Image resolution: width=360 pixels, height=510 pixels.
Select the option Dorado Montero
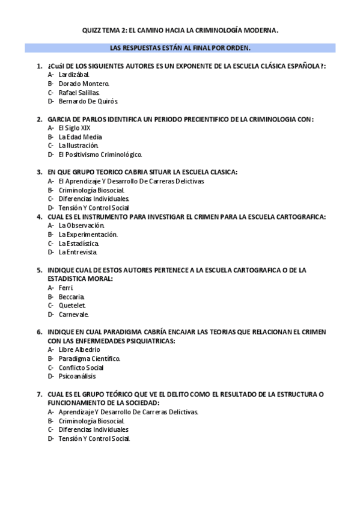(84, 84)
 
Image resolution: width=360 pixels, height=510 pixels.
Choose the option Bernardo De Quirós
(88, 102)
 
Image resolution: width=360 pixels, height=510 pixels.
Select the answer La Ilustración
(78, 146)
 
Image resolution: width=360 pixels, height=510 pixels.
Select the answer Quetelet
(72, 306)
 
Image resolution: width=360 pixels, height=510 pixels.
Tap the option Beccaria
(72, 296)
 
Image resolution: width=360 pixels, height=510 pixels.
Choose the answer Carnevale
(74, 314)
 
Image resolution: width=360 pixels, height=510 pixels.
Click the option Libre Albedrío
(79, 349)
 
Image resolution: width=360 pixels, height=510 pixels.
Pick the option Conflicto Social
(81, 367)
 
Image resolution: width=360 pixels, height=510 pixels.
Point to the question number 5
(39, 270)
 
